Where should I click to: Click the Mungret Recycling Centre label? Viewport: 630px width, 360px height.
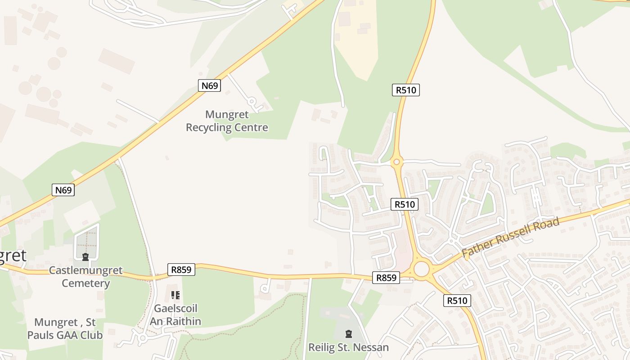pos(227,121)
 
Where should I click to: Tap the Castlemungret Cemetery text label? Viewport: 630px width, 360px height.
pos(85,277)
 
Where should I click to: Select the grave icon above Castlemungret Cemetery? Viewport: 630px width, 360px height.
pos(85,257)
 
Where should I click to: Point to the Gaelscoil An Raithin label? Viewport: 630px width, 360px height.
pos(175,315)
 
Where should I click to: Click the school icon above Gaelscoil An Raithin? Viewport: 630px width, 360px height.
pos(175,295)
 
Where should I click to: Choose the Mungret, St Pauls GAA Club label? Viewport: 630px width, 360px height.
pos(65,328)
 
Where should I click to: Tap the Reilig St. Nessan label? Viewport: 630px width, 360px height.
pos(348,347)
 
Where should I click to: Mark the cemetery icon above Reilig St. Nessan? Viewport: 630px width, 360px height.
pos(348,333)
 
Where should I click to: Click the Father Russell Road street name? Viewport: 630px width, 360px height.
pos(510,237)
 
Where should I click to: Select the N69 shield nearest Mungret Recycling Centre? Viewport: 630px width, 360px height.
pos(210,85)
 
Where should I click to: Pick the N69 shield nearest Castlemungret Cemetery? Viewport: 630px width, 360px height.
pos(63,190)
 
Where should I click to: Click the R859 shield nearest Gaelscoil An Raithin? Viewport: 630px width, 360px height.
pos(182,270)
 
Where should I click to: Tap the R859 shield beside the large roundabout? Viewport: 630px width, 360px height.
pos(386,278)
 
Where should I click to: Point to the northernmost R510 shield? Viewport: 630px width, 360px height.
pos(405,90)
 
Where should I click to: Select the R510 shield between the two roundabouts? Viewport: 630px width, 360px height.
pos(404,204)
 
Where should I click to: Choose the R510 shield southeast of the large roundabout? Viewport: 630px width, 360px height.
pos(457,301)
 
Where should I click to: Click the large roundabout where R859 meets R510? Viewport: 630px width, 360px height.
pos(422,270)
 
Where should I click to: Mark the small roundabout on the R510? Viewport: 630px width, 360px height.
pos(396,162)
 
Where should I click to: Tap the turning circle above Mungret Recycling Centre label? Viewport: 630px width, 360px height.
pos(252,101)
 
